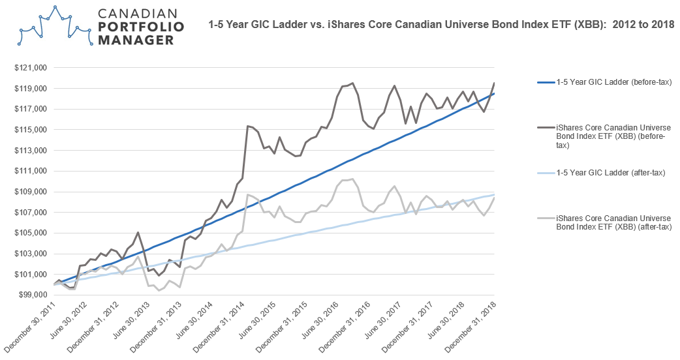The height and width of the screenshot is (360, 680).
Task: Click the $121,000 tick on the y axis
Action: [x=33, y=68]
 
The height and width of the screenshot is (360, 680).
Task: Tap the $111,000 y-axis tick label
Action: [x=33, y=171]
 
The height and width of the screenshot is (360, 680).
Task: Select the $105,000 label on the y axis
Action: [x=33, y=233]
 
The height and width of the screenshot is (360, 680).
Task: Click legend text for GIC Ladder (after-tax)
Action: [x=610, y=173]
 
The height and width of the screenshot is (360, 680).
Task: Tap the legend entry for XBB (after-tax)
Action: [x=613, y=222]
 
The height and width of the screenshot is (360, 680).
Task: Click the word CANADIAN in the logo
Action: [x=140, y=14]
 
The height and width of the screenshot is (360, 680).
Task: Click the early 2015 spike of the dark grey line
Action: [x=248, y=126]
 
